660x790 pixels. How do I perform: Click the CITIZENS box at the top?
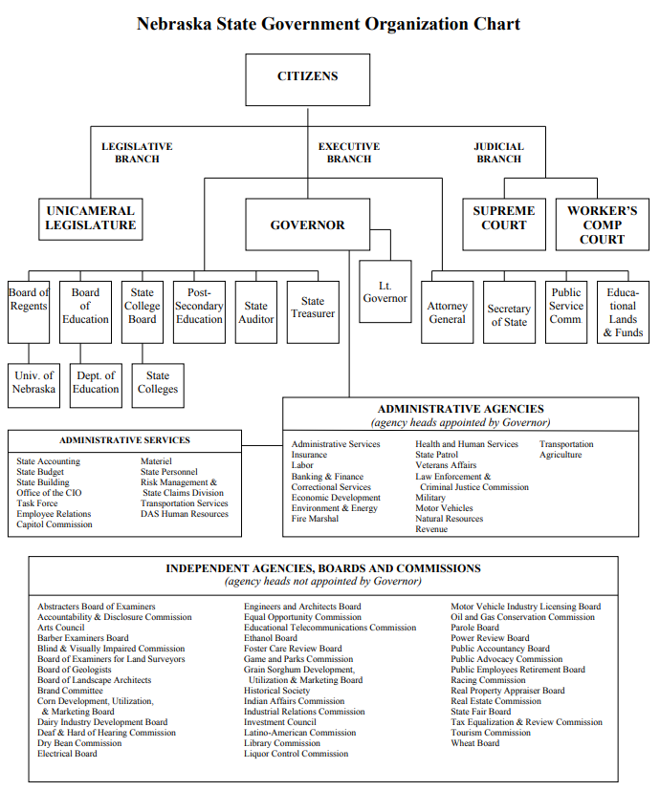[307, 78]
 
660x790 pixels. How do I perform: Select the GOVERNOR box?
[307, 225]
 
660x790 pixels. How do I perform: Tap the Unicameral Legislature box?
[90, 219]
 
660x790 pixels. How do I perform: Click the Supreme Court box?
[504, 219]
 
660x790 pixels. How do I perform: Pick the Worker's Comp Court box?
[602, 224]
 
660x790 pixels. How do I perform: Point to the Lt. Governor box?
[385, 291]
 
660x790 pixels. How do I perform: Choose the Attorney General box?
[447, 312]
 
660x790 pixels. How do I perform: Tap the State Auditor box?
[255, 312]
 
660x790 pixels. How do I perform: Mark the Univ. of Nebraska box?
[34, 382]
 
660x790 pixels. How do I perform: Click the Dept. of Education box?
[96, 382]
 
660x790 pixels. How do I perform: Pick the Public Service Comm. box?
[565, 306]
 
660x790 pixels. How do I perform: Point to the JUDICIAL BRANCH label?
[498, 153]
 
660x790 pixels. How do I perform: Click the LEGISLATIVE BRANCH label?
[137, 153]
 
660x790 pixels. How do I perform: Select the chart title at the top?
[328, 23]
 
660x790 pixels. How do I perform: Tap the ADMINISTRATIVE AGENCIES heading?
[460, 409]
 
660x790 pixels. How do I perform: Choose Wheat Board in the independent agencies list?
[474, 743]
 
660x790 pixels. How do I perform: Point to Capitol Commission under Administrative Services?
[55, 524]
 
